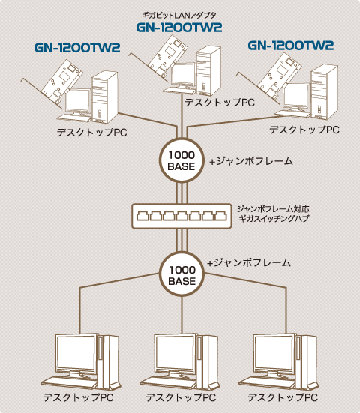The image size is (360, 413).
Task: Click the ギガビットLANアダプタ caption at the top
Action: (179, 16)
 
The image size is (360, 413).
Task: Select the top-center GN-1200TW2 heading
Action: (179, 28)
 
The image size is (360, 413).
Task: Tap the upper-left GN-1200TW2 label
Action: (77, 48)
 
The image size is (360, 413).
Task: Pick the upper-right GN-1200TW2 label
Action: (291, 46)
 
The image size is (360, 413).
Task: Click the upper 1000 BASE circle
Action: (181, 160)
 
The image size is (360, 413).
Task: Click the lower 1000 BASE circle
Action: (181, 274)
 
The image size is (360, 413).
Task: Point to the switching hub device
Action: (181, 216)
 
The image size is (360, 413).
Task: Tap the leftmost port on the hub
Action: (142, 216)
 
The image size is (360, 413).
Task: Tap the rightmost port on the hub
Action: (220, 216)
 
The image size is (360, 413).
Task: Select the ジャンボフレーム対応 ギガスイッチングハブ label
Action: (273, 214)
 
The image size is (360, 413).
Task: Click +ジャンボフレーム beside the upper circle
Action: (251, 161)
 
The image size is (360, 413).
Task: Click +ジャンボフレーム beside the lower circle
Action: (249, 262)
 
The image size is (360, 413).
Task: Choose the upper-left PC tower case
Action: (105, 97)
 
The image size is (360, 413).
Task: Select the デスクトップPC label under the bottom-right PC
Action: (283, 397)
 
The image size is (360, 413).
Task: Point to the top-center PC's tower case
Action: (208, 71)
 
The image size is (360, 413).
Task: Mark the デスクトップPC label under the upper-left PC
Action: (92, 132)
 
